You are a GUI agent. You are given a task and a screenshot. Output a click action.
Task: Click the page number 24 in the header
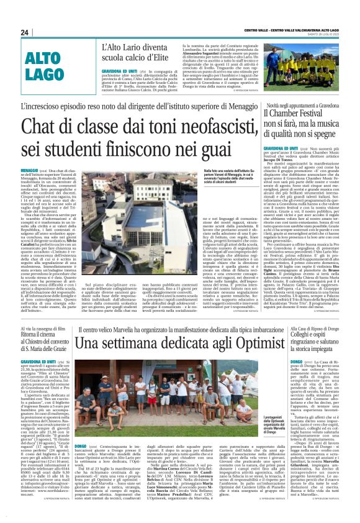(25, 32)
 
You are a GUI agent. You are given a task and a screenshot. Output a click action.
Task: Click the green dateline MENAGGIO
(29, 170)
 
